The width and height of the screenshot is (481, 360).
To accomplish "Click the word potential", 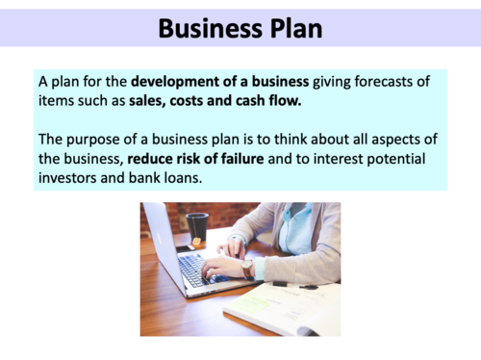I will (x=394, y=158).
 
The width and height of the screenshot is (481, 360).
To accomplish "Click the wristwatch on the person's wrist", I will (x=247, y=268).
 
